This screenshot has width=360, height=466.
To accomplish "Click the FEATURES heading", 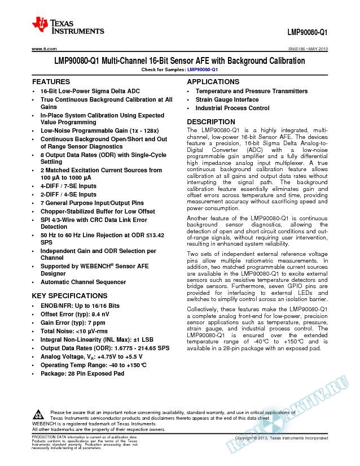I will point(51,82).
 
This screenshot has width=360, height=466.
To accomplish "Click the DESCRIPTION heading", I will point(211,122).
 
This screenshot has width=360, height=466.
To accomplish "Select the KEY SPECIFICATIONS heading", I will point(70,295).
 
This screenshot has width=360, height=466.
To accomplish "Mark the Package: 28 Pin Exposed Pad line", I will point(82,373).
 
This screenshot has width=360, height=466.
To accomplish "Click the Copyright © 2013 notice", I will point(280,438).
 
